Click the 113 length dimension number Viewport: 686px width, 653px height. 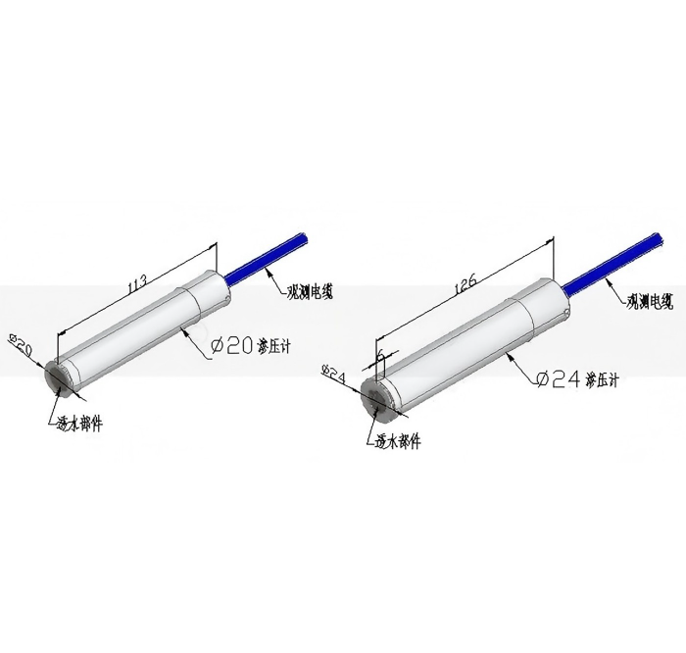pos(136,285)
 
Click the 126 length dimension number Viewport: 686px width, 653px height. pos(465,285)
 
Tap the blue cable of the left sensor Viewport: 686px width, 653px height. pos(267,258)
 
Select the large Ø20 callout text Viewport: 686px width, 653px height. pos(232,346)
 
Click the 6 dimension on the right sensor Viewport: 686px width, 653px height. pos(380,356)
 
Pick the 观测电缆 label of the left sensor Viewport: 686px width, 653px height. pos(310,291)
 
